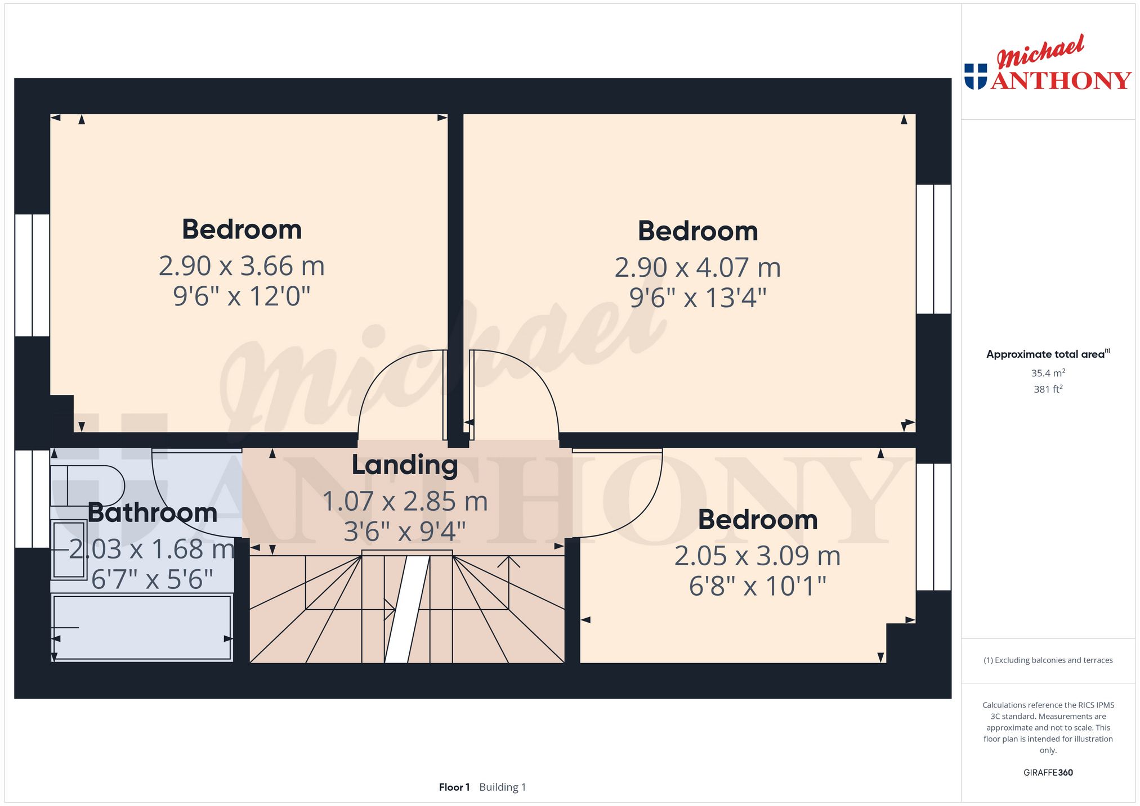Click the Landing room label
coord(405,465)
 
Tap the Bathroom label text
coord(153,513)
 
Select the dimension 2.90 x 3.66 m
coord(242,266)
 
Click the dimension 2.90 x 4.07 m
coord(698,268)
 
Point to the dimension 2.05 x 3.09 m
coord(757,556)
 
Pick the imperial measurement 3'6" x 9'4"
coord(405,532)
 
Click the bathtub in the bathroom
coord(142,627)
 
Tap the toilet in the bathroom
coord(87,486)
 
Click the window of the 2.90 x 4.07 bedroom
coord(933,249)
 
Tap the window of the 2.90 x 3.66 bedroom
coord(32,275)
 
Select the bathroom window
coord(32,499)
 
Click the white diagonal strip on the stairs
coord(407,609)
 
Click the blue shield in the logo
coord(976,76)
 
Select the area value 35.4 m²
coord(1048,373)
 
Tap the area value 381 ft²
coord(1048,389)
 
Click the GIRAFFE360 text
coord(1048,772)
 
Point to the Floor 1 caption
coord(454,787)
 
